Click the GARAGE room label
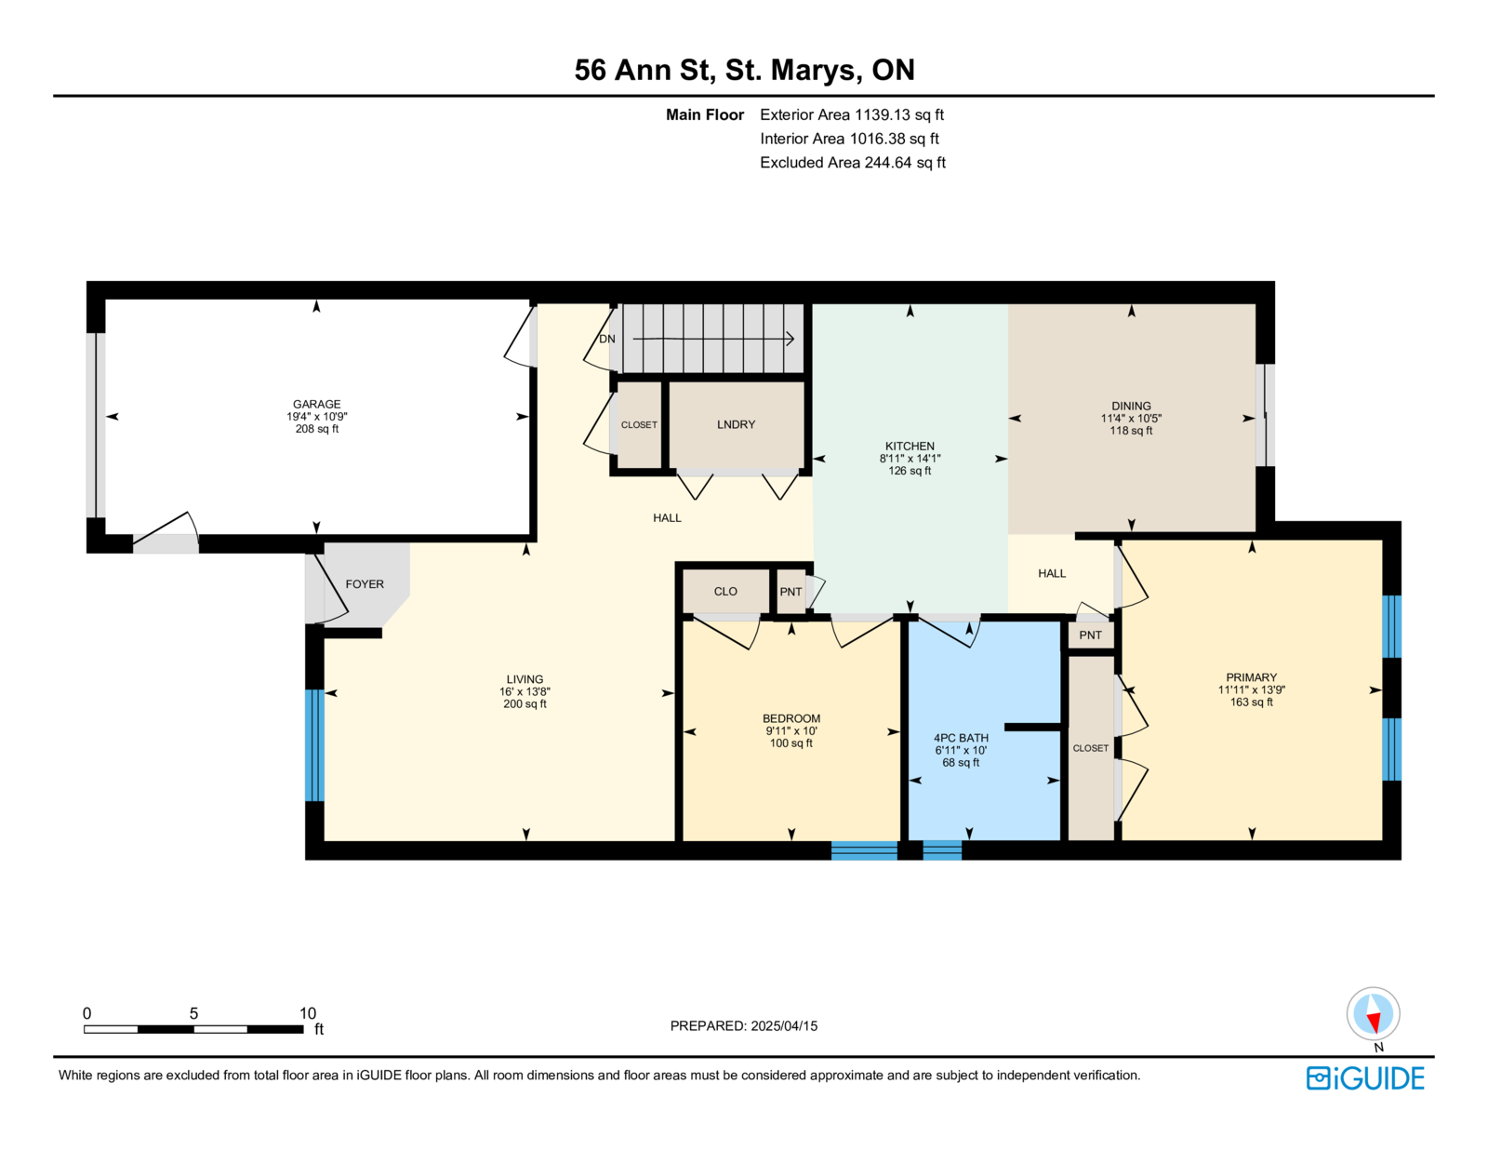pos(316,404)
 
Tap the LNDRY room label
pos(736,424)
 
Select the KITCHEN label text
pos(910,446)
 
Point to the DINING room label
pos(1131,407)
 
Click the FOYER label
pos(365,584)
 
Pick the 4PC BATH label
pos(961,738)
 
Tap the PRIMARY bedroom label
pos(1251,677)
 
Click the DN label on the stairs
pos(606,339)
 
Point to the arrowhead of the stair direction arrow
pos(790,339)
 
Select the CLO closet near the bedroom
pos(725,592)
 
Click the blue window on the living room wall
pos(314,745)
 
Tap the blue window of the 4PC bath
pos(942,850)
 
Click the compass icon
pos(1373,1014)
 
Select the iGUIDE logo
pos(1364,1078)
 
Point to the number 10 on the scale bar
pos(308,1014)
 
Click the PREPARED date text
pos(744,1026)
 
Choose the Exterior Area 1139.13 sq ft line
pos(852,115)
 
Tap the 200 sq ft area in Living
pos(525,704)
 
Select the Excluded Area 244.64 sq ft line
pos(853,163)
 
